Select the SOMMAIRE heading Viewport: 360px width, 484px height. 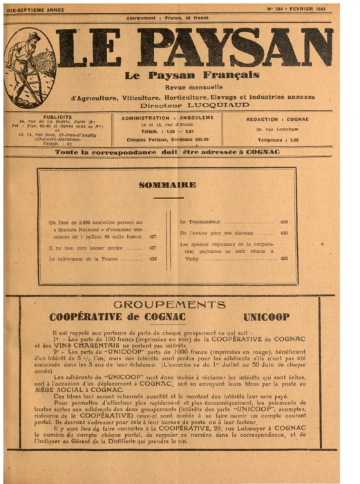tap(167, 185)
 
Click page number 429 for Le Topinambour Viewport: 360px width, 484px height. tap(284, 222)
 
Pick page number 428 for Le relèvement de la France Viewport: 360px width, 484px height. tap(153, 259)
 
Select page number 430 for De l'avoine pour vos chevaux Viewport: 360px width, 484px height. tap(284, 233)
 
